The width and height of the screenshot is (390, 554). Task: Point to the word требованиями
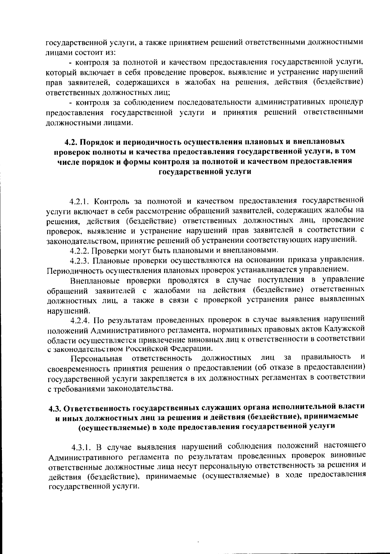80,389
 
